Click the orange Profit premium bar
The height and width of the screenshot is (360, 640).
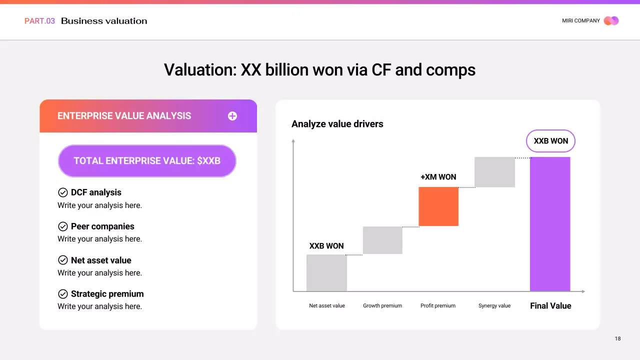coord(438,206)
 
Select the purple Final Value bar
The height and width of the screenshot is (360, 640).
coord(550,223)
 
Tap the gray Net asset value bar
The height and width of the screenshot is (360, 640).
coord(326,272)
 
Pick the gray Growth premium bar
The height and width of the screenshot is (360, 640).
coord(382,240)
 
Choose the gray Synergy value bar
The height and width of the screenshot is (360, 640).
coord(494,172)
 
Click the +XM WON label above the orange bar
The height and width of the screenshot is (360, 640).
coord(438,177)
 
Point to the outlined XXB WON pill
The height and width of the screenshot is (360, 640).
coord(550,141)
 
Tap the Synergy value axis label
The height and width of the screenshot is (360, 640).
coord(494,305)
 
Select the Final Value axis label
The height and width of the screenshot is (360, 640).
coord(550,305)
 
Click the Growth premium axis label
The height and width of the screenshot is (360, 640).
coord(382,305)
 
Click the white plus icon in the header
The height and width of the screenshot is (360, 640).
coord(232,116)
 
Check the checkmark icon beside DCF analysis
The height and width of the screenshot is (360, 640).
coord(63,192)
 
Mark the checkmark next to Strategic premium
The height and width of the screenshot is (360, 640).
coord(63,294)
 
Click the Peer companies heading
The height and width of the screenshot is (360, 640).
coord(102,226)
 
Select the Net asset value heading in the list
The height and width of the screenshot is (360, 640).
coord(101,260)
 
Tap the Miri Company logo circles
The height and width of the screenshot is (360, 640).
coord(611,21)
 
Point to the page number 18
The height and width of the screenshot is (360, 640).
coord(617,338)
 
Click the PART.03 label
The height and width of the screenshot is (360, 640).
coord(39,21)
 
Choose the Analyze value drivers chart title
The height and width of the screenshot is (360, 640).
coord(337,124)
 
